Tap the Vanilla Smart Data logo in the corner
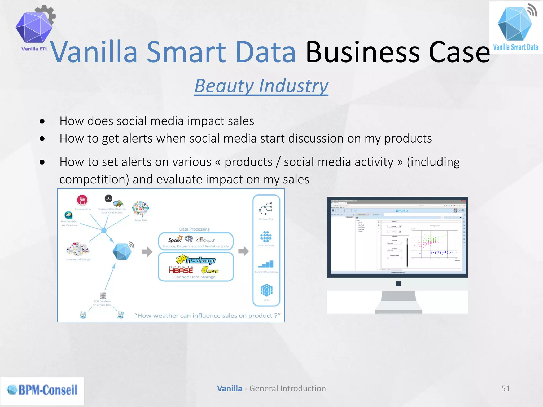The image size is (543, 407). click(515, 27)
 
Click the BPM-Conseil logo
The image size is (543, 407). click(42, 390)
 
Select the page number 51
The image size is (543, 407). click(505, 388)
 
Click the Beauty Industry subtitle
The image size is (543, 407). click(261, 86)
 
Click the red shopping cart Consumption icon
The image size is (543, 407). click(82, 200)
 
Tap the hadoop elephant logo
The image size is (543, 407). click(195, 260)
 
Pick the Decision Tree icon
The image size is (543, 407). click(266, 209)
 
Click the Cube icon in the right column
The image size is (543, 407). click(266, 290)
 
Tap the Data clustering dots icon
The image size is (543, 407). click(266, 237)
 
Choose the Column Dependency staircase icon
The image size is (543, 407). click(266, 264)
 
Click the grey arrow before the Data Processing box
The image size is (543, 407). click(147, 251)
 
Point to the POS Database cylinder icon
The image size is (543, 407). click(103, 295)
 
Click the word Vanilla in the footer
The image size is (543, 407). click(229, 388)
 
